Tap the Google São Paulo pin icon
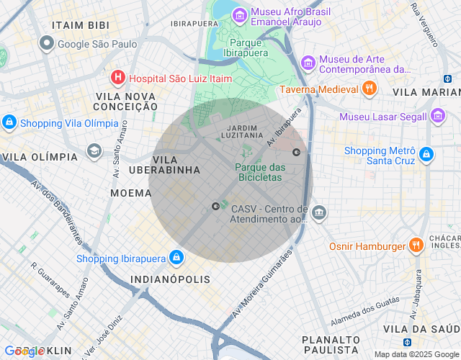[x=48, y=44]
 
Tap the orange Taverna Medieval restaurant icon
[x=369, y=89]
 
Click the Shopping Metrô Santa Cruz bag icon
[x=426, y=154]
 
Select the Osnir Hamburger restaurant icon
[x=416, y=246]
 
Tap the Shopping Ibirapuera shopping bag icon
[x=176, y=258]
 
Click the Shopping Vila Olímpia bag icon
[x=9, y=122]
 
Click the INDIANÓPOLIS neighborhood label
[x=170, y=279]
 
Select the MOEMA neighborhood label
[x=130, y=193]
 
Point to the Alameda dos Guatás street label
[x=364, y=311]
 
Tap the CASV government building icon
[x=319, y=213]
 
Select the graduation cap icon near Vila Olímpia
[x=94, y=150]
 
